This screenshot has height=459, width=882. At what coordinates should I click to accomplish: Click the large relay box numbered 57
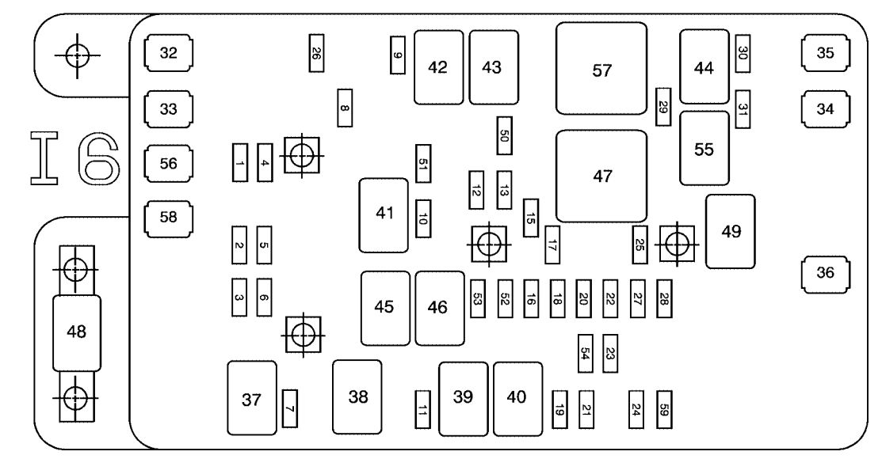pyautogui.click(x=601, y=69)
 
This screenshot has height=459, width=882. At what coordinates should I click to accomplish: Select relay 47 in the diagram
pyautogui.click(x=601, y=176)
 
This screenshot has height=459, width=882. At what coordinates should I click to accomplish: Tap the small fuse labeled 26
pyautogui.click(x=316, y=53)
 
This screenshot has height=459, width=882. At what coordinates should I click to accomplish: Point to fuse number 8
pyautogui.click(x=345, y=108)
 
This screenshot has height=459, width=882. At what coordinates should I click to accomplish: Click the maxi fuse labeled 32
pyautogui.click(x=169, y=53)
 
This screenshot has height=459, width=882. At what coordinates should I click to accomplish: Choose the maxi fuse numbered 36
pyautogui.click(x=825, y=273)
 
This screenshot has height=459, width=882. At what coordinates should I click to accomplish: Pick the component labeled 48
pyautogui.click(x=77, y=332)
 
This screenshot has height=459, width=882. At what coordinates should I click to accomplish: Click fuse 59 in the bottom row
pyautogui.click(x=664, y=410)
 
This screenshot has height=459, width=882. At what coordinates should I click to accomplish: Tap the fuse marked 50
pyautogui.click(x=504, y=135)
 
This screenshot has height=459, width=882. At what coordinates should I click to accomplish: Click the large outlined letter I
pyautogui.click(x=44, y=158)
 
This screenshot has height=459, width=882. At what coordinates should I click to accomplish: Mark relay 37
pyautogui.click(x=252, y=398)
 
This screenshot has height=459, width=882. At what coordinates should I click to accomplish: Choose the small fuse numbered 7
pyautogui.click(x=290, y=408)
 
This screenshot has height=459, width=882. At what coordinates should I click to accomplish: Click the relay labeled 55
pyautogui.click(x=704, y=148)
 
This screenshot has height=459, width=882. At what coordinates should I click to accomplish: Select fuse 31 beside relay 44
pyautogui.click(x=743, y=109)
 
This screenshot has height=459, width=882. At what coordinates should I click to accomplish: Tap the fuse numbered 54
pyautogui.click(x=585, y=354)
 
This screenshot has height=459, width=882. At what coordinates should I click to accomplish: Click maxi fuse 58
pyautogui.click(x=169, y=218)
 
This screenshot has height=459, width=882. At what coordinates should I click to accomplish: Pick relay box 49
pyautogui.click(x=731, y=231)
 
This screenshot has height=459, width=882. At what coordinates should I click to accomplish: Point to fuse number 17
pyautogui.click(x=552, y=245)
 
